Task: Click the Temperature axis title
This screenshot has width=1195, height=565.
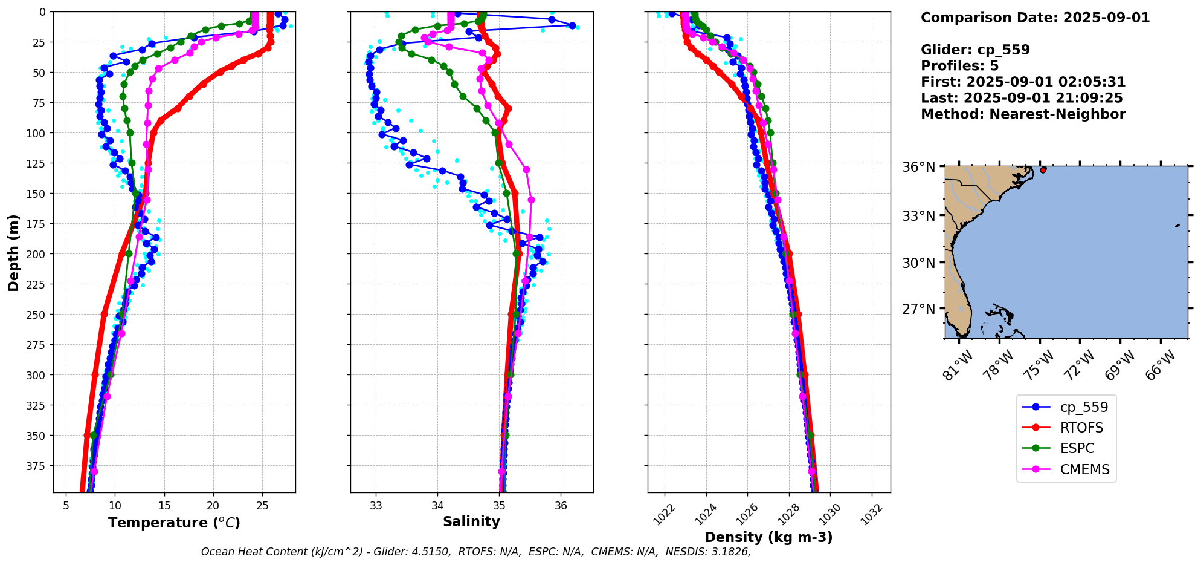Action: tap(174, 523)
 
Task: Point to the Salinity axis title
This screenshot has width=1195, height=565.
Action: tap(471, 521)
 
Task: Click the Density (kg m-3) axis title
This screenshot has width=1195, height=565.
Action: tap(768, 537)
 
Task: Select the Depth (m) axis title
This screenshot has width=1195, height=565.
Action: tap(13, 252)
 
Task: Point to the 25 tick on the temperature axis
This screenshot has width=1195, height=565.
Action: tap(262, 506)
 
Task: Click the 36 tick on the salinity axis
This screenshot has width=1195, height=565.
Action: tap(561, 506)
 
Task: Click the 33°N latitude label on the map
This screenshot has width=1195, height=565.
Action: tap(918, 216)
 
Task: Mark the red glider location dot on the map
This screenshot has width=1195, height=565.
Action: tap(1043, 170)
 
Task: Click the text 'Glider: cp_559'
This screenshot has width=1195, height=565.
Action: tap(975, 50)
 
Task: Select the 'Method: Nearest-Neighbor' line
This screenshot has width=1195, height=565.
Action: tap(1023, 114)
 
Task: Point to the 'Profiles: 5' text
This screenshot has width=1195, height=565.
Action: tap(959, 66)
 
